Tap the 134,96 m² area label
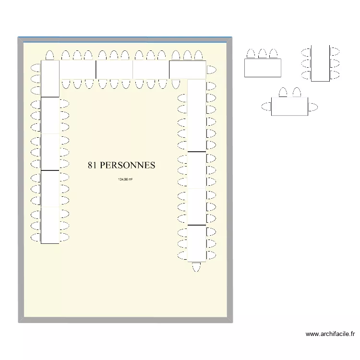[x=125, y=180]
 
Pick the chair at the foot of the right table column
[x=196, y=267]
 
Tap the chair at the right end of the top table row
[x=211, y=70]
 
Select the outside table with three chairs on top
[x=262, y=67]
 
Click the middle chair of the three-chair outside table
[x=262, y=53]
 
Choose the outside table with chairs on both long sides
[x=321, y=63]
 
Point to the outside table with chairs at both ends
[x=289, y=106]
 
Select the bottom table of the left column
[x=50, y=225]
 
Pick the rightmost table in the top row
[x=187, y=70]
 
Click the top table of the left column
[x=50, y=78]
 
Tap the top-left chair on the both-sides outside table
[x=306, y=51]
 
